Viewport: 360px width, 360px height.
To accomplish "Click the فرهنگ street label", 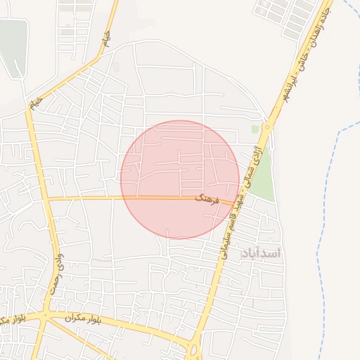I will tap(210, 200).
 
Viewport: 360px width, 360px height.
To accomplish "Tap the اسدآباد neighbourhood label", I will tap(260, 253).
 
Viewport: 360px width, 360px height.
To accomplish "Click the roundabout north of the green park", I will tap(266, 127).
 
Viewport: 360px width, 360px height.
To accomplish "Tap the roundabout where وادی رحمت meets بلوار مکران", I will tap(44, 316).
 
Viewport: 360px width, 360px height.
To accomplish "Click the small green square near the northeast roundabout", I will tap(255, 129).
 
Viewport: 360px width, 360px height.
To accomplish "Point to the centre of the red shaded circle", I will tap(180, 179).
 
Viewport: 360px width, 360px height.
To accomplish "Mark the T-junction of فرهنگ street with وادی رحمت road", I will tap(48, 199).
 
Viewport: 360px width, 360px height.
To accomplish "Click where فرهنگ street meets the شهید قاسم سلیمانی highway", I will tap(236, 204).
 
